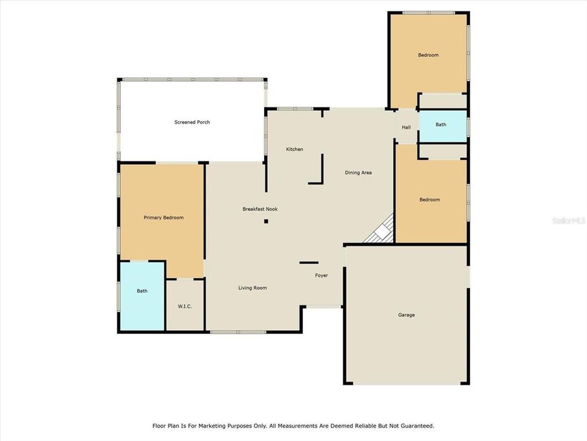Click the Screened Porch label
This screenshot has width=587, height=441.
192,123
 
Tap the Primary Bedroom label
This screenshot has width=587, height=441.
163,217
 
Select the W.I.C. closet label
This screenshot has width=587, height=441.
185,306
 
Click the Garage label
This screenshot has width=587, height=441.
407,315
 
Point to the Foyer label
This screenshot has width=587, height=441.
322,276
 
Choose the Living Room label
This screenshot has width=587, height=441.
253,288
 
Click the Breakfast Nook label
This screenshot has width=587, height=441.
260,209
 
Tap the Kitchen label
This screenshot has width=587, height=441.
295,149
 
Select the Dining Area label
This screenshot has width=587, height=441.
358,173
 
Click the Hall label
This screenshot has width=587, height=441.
406,127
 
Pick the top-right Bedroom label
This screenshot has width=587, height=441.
428,55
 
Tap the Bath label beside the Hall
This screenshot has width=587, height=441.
441,124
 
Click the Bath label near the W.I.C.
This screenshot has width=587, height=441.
142,291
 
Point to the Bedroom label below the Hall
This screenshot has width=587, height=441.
429,200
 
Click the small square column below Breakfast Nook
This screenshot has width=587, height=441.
266,221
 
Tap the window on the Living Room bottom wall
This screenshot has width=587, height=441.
238,332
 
